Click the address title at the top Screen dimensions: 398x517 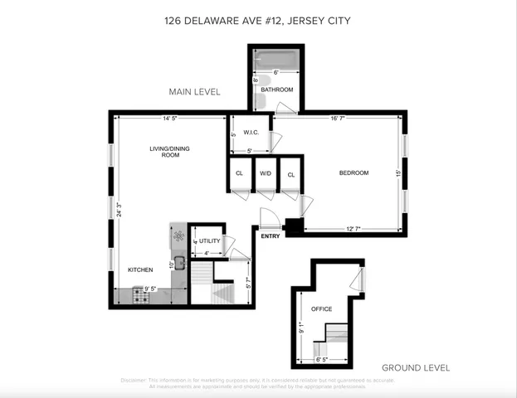click(x=258, y=21)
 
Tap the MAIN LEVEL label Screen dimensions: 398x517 click(x=194, y=92)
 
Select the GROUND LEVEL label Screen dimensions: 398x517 click(x=415, y=367)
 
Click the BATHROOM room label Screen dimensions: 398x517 click(x=277, y=90)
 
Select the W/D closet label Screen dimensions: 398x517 click(x=266, y=174)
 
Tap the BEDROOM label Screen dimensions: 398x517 click(x=354, y=173)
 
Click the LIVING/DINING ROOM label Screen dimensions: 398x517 click(x=164, y=151)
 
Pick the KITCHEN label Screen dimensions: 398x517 click(x=139, y=270)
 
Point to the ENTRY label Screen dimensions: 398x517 click(x=270, y=237)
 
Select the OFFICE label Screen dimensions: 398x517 click(x=321, y=309)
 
